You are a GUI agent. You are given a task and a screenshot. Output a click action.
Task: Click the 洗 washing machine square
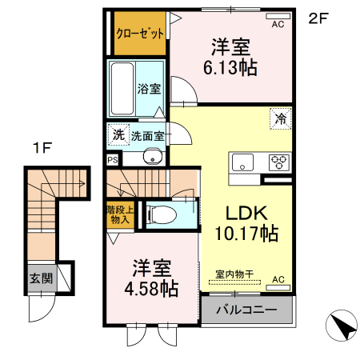click(118, 135)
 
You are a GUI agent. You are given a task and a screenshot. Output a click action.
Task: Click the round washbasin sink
click(151, 158)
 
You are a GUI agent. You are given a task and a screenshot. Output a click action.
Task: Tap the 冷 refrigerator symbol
click(281, 118)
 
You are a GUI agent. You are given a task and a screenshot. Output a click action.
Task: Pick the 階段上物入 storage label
click(118, 214)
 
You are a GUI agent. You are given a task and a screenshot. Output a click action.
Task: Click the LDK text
click(245, 214)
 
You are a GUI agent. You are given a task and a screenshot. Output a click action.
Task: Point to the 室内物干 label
click(234, 274)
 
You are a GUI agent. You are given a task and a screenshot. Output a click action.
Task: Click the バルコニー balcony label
click(246, 310)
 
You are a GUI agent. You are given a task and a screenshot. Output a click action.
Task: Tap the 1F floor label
click(42, 147)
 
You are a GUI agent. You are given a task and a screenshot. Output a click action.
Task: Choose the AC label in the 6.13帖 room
click(278, 25)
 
